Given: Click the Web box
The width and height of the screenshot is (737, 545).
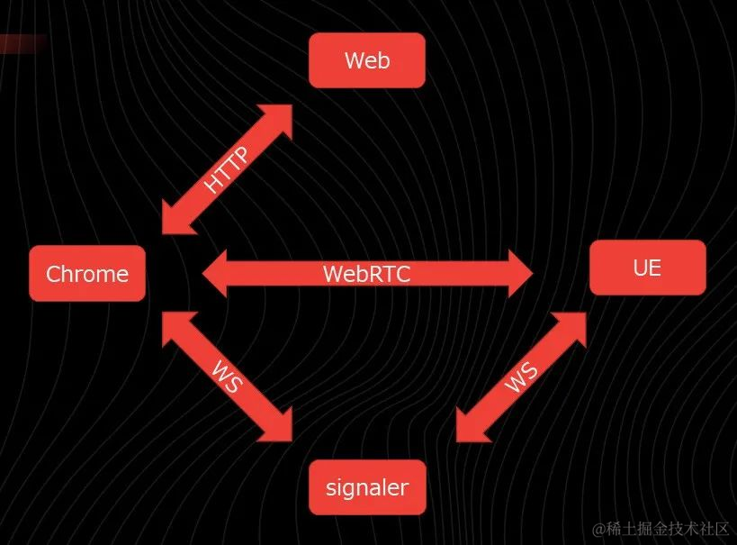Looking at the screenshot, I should (x=366, y=60).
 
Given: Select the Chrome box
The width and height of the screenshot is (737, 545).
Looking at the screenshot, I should (x=87, y=274).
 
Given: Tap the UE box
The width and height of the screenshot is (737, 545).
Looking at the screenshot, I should (x=647, y=268).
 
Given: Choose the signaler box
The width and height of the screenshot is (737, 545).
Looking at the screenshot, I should (x=366, y=487).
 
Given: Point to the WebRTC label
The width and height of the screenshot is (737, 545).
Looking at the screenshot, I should (x=366, y=274).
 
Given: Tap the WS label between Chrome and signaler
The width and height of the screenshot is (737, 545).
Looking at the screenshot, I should (x=227, y=377).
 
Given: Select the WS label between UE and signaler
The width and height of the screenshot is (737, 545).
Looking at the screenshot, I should (x=522, y=377).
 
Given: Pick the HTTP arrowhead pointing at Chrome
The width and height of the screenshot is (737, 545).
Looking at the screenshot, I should (x=174, y=219).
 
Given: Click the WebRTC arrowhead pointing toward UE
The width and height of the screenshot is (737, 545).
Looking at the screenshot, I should (x=521, y=273).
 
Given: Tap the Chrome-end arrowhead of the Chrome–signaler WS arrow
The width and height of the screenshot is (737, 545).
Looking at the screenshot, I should (x=174, y=326).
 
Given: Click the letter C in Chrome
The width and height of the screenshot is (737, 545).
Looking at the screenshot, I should (x=53, y=274).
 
